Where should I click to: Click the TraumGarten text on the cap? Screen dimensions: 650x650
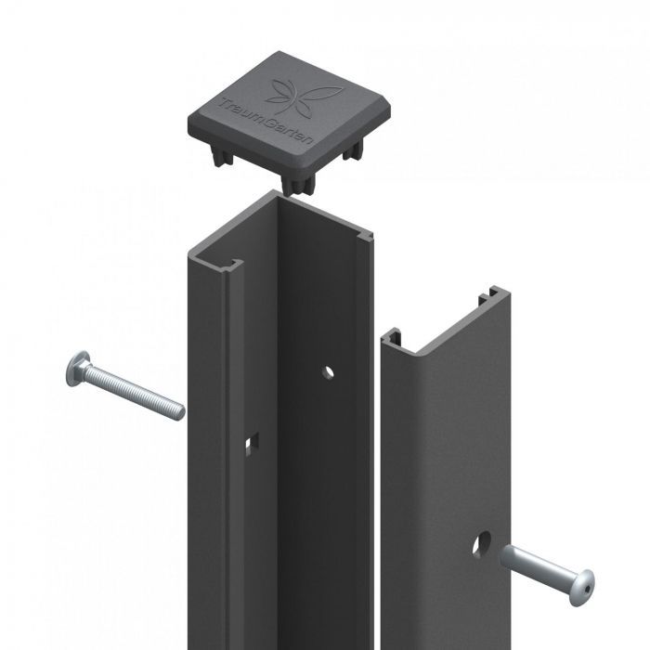point(267,121)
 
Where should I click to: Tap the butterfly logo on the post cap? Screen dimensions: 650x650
point(303,97)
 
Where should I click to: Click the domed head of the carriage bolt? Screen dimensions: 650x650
point(77,369)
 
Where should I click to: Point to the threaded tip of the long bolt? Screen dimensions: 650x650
point(179,411)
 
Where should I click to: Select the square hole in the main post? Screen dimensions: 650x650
point(252,444)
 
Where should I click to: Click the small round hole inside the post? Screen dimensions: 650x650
point(328,372)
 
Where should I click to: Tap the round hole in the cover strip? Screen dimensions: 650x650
point(482,544)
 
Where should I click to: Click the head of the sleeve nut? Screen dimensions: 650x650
point(581,588)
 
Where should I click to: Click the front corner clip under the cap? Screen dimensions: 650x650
point(298,185)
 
